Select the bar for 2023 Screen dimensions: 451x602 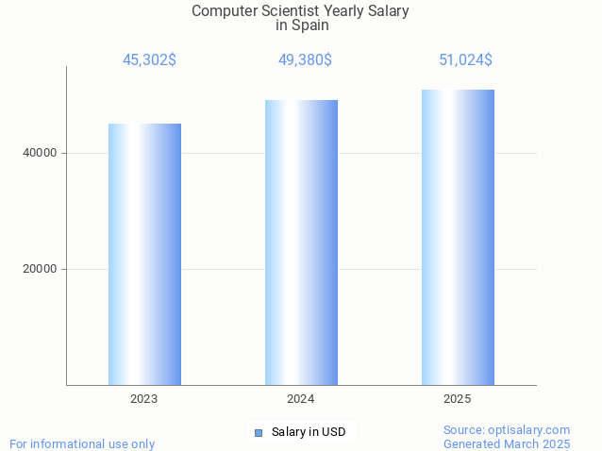pos(144,254)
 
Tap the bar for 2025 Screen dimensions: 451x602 pos(458,237)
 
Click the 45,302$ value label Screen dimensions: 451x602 pos(149,60)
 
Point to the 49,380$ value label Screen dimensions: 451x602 pos(305,60)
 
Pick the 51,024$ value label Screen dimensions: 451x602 pos(465,60)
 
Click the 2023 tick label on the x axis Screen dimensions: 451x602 pos(144,400)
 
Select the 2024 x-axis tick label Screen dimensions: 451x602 pos(301,400)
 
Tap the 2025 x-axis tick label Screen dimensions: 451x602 pos(458,400)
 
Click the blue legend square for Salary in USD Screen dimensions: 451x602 pos(258,433)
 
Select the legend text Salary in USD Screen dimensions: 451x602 pos(309,433)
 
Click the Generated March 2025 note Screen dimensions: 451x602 pos(507,443)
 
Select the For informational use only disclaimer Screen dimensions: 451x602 pos(82,443)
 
